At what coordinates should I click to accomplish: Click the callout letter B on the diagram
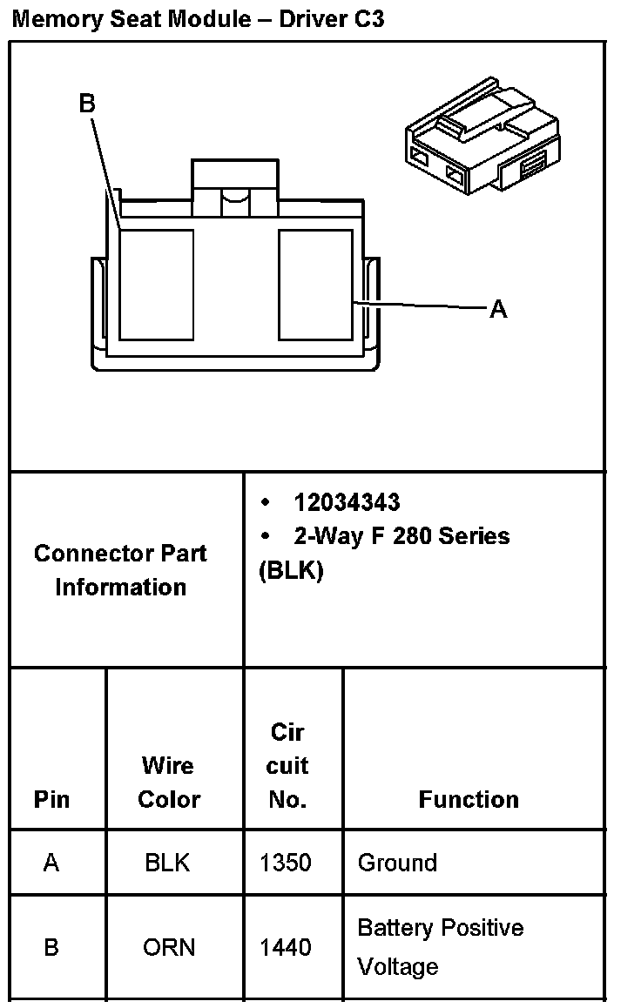87,104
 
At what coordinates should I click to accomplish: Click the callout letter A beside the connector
497,309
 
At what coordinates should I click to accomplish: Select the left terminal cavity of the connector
156,284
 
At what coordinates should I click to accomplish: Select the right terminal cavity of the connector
315,284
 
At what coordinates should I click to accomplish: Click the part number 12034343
347,502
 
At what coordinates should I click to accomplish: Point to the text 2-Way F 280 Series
401,535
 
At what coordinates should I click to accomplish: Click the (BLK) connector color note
291,571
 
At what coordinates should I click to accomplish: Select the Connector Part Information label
121,570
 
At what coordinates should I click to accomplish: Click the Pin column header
51,799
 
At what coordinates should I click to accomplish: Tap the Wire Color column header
169,783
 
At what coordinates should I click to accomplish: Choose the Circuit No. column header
287,766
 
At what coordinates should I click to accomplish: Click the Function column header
469,799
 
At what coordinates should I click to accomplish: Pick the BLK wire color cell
168,863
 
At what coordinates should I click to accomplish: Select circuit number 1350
286,863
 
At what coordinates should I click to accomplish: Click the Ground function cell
397,863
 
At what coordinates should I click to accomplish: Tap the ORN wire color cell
169,947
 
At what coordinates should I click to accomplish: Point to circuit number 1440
286,947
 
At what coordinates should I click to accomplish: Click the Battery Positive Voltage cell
441,947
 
